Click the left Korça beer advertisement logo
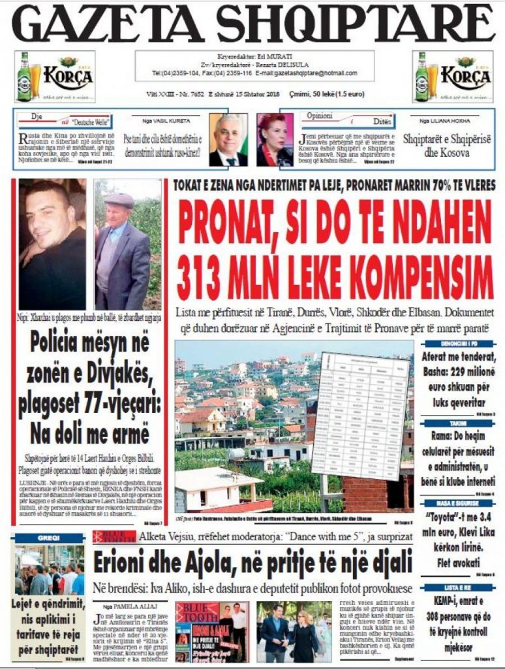55,76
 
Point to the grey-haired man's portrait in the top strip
228,140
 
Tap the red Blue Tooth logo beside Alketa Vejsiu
115,536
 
